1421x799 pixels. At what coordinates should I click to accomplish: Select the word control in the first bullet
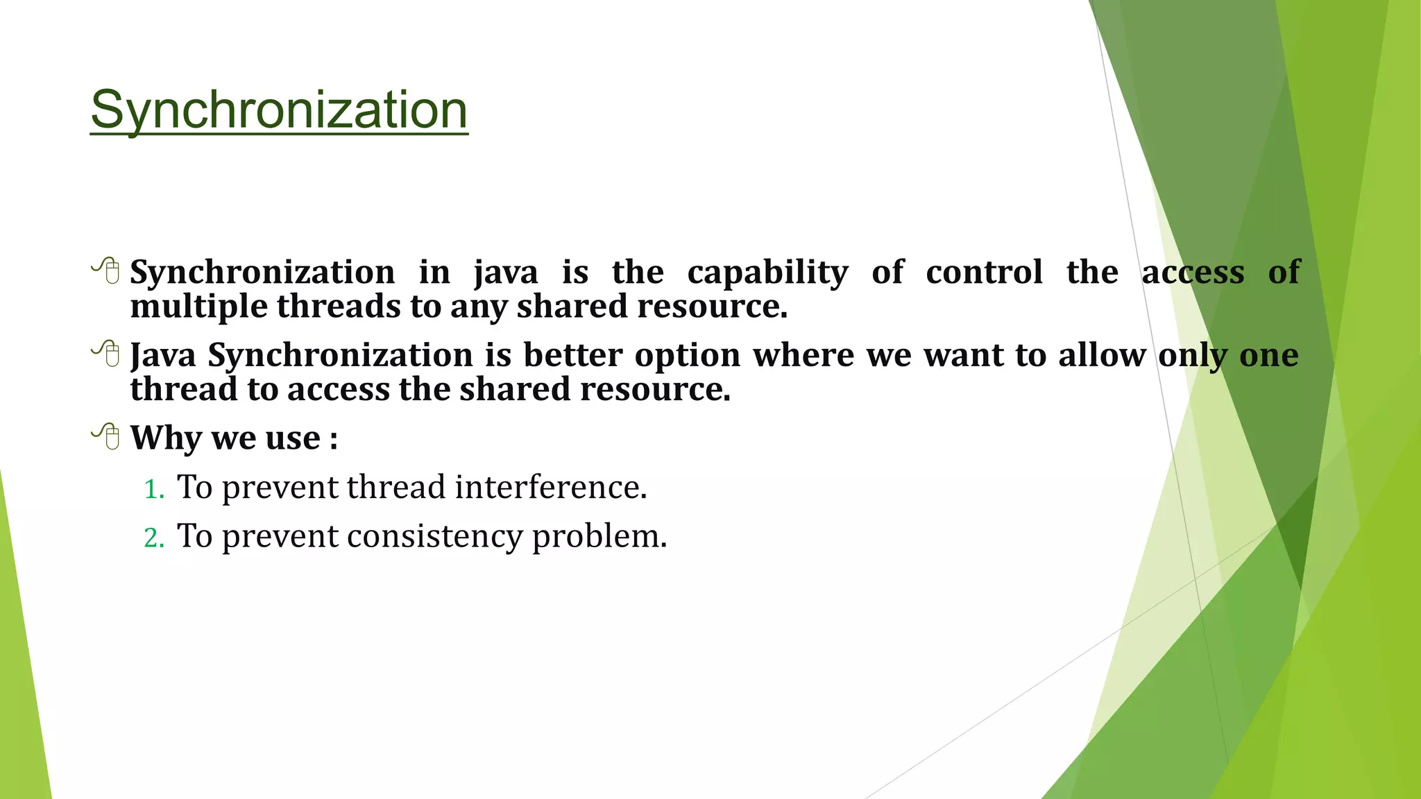click(x=984, y=272)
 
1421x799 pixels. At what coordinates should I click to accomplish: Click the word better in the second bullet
click(x=572, y=355)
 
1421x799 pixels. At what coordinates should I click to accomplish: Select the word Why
click(x=166, y=438)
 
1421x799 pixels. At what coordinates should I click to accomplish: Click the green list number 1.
click(x=153, y=490)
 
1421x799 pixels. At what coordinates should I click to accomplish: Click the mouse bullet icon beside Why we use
click(x=106, y=436)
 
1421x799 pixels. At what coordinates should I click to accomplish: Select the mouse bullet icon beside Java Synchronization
click(x=106, y=354)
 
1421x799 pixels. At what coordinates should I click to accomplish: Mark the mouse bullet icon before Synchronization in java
click(x=106, y=270)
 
